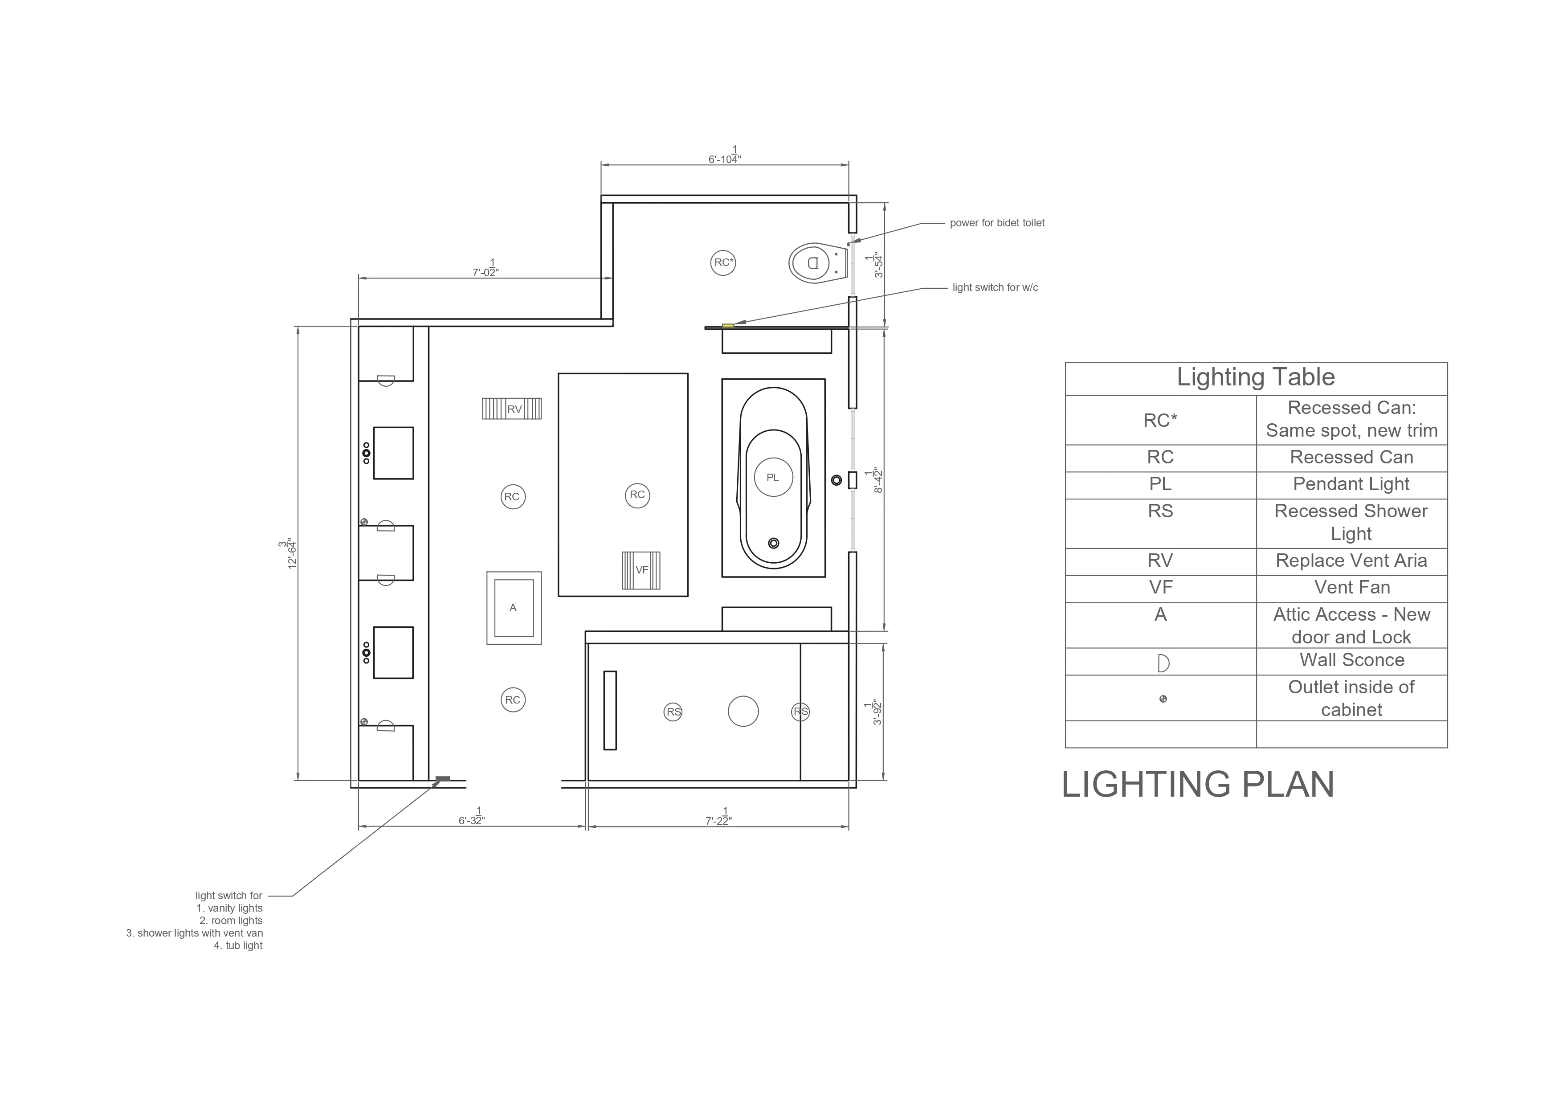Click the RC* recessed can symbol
coord(723,263)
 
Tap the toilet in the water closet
coord(817,263)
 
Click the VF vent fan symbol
coord(641,570)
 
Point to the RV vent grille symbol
coord(512,409)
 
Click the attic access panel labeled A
coord(514,608)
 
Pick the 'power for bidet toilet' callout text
coord(997,223)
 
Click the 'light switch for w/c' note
coord(995,287)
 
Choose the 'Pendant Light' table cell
coord(1351,484)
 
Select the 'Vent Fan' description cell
coord(1351,588)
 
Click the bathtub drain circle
coord(773,543)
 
